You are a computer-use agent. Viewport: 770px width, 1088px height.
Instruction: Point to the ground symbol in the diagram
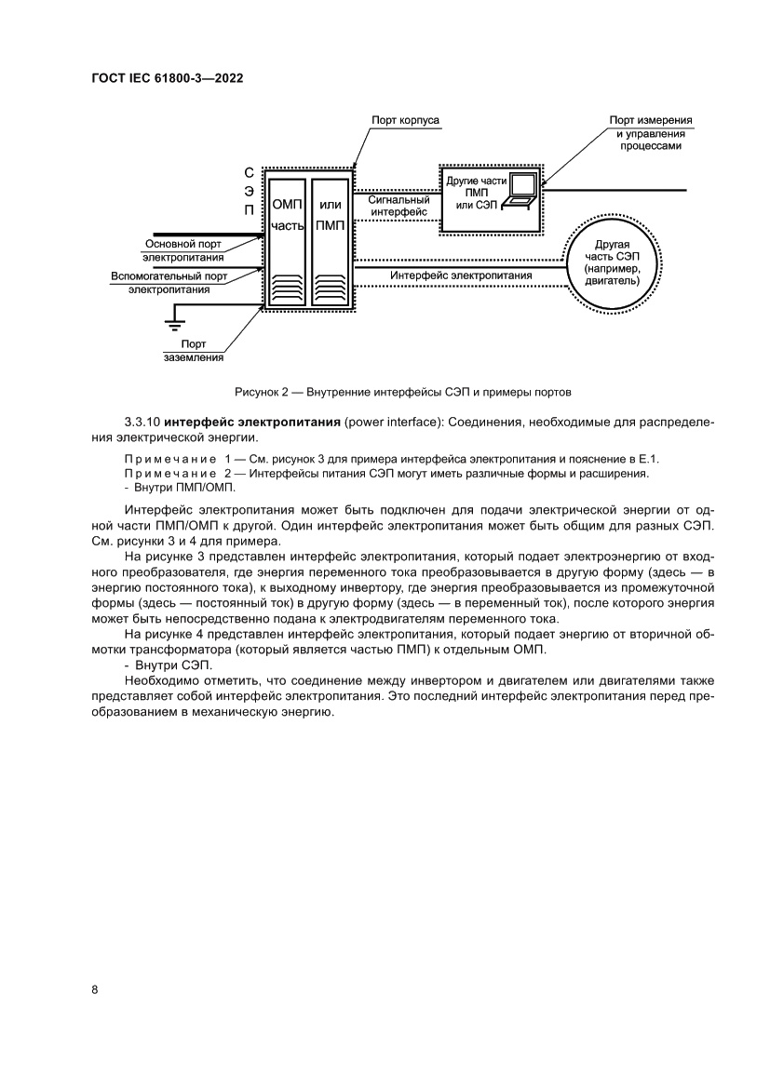[171, 323]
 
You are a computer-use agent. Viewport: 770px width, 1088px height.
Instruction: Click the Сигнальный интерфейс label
[399, 206]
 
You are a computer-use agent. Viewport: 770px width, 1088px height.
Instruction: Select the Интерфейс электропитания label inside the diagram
[461, 275]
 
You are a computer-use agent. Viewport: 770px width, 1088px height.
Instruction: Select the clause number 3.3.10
[142, 423]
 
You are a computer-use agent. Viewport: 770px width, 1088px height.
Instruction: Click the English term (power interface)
[394, 423]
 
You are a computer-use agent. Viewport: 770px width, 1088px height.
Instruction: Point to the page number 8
[94, 989]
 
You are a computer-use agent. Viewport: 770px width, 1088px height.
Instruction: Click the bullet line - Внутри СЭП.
[168, 665]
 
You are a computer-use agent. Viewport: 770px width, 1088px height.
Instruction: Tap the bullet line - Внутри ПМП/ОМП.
[180, 487]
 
